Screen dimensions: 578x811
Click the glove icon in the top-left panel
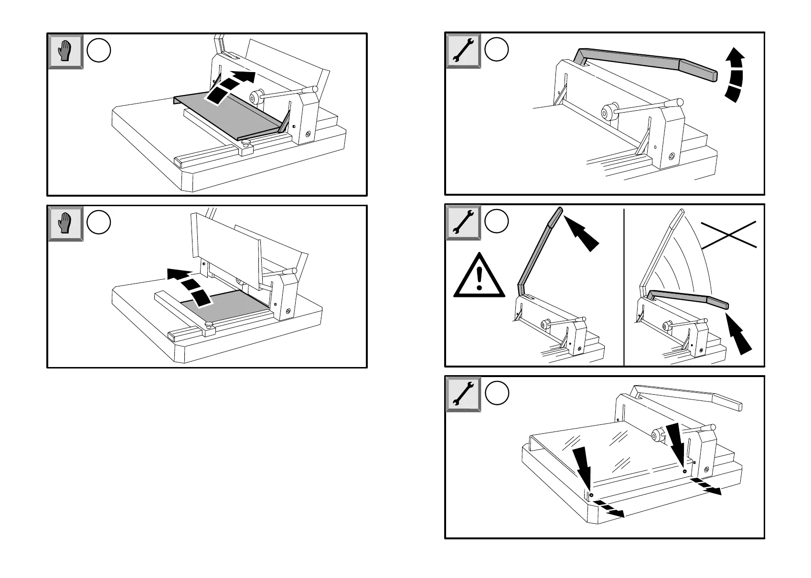pyautogui.click(x=66, y=51)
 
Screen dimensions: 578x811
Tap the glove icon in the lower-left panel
pyautogui.click(x=66, y=223)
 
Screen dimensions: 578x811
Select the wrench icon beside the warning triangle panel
pyautogui.click(x=463, y=222)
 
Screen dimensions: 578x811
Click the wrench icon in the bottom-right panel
pyautogui.click(x=463, y=394)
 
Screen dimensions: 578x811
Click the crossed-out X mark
pyautogui.click(x=729, y=235)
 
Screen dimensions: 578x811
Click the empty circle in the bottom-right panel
pyautogui.click(x=497, y=393)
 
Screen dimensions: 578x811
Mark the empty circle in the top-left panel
pyautogui.click(x=99, y=51)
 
